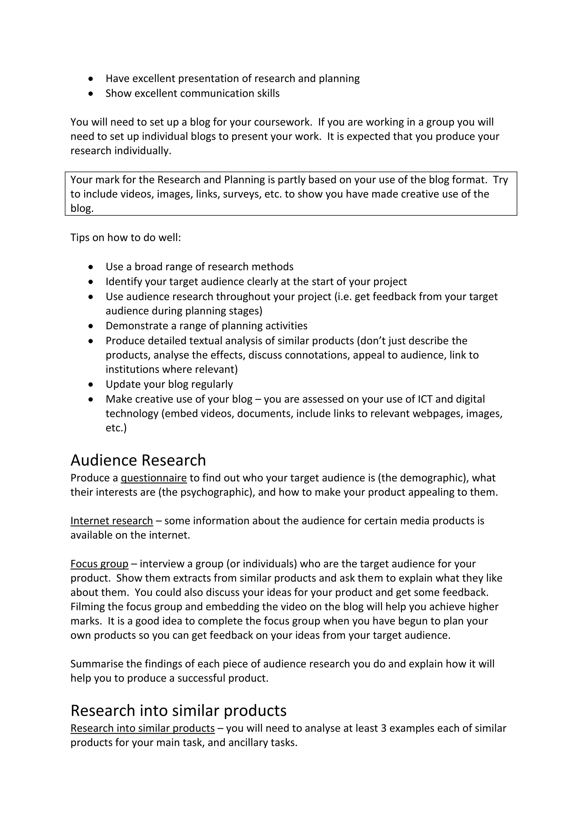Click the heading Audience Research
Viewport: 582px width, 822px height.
click(x=138, y=460)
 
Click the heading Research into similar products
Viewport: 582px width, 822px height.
click(x=178, y=710)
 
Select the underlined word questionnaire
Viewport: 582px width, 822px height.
click(x=154, y=478)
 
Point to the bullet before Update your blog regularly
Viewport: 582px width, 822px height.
click(x=91, y=385)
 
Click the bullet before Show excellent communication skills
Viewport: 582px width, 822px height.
click(x=91, y=94)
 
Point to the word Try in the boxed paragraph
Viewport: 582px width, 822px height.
click(x=500, y=179)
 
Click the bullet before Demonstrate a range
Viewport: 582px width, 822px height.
click(x=91, y=326)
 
